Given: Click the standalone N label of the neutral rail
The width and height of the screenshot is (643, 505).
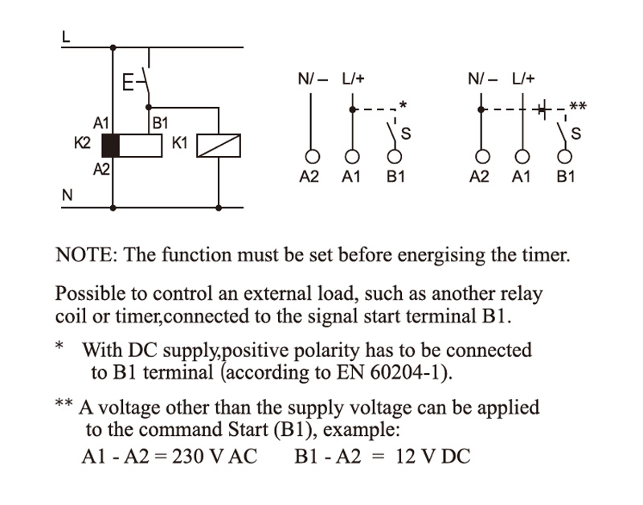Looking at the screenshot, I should point(67,195).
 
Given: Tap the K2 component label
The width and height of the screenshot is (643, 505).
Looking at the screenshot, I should point(82,143).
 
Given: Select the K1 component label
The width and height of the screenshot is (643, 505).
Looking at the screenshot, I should point(179,143).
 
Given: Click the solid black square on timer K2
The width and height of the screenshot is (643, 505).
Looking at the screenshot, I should point(111,145).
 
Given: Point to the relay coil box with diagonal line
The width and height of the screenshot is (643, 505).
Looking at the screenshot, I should point(219,145).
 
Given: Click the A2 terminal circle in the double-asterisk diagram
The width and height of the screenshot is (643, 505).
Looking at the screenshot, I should point(481,156).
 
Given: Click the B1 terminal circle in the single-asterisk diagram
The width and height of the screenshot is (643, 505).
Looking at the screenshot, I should point(394,156).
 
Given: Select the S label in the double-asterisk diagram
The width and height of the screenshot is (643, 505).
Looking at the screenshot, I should point(576,133).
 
